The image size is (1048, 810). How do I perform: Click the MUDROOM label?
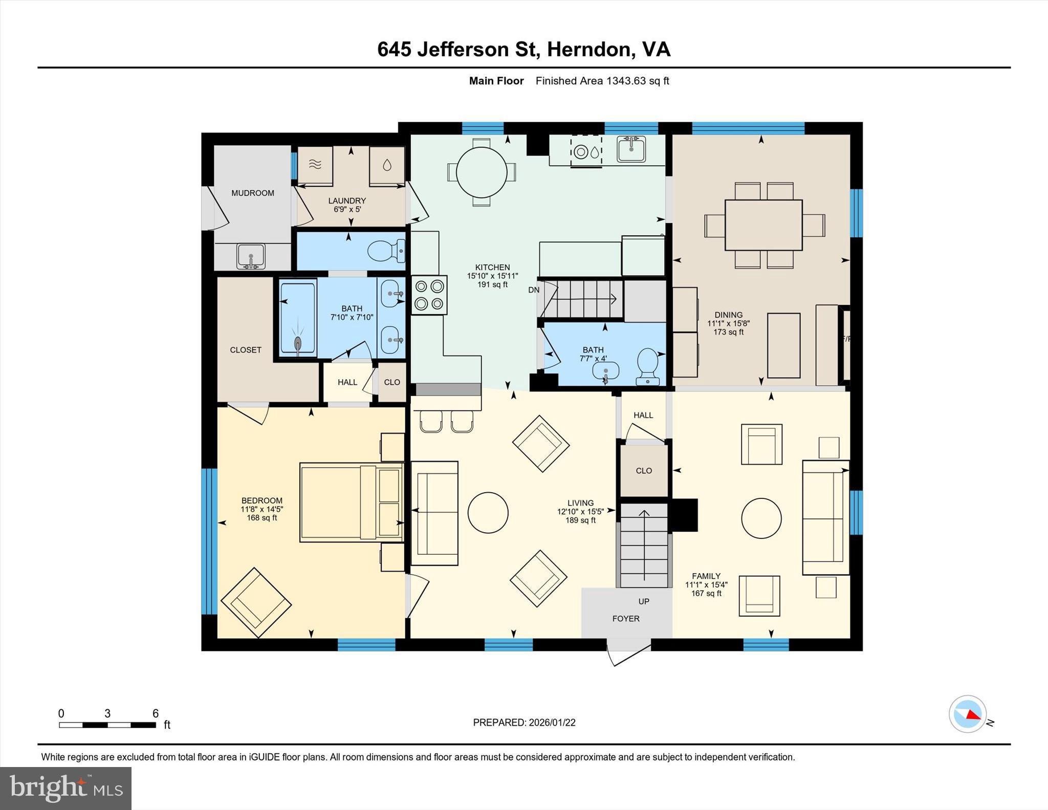tap(252, 193)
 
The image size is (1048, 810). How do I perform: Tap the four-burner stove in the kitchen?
tap(429, 295)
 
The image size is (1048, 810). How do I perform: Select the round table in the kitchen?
tap(481, 172)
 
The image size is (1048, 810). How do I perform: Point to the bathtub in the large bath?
tap(298, 317)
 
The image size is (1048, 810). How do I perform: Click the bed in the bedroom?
tap(351, 502)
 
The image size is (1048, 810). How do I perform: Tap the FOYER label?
tap(625, 619)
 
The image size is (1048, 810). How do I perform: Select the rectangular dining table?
tap(763, 225)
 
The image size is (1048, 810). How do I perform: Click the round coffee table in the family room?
tap(761, 518)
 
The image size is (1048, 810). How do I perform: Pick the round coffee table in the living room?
tap(488, 513)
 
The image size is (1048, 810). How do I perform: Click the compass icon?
tap(967, 714)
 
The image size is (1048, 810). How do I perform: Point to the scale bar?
tap(107, 725)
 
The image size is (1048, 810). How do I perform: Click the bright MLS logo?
tap(65, 788)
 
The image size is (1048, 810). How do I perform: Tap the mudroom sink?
tap(251, 255)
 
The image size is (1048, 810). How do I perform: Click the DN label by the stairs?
tap(533, 290)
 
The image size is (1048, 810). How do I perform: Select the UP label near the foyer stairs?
tap(643, 601)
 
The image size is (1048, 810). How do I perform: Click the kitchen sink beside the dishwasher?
tap(630, 149)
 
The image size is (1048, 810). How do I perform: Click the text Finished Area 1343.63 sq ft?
tap(602, 81)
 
